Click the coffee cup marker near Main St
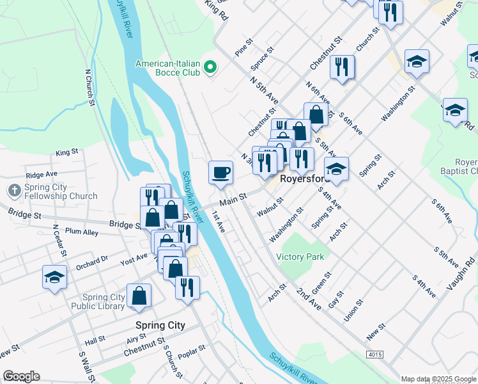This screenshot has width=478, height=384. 220,173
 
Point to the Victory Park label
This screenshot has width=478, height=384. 300,257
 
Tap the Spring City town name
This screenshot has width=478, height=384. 160,325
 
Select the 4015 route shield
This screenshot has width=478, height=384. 375,353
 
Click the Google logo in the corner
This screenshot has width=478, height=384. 21,376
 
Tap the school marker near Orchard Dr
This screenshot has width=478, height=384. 55,277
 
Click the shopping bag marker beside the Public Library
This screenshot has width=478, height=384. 139,296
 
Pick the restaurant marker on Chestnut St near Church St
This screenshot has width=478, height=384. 342,67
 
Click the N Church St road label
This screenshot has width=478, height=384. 90,87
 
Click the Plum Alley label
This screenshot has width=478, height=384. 81,232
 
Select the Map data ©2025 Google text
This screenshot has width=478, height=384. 438,379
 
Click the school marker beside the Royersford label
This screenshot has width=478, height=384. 336,170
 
